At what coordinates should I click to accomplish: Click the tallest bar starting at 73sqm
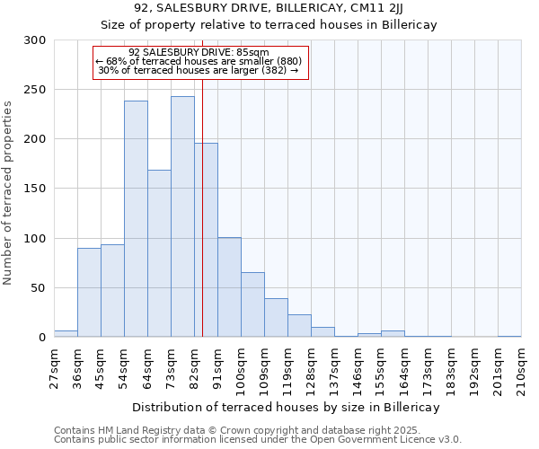click(x=182, y=216)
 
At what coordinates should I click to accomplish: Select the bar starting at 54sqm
click(x=136, y=219)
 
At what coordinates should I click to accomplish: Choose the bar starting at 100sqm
click(x=252, y=304)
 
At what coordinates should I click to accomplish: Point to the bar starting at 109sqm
click(x=276, y=318)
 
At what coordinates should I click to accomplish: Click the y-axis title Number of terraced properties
click(x=9, y=192)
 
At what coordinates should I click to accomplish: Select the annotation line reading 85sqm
click(x=199, y=52)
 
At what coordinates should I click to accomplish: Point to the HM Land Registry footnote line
click(x=237, y=430)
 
